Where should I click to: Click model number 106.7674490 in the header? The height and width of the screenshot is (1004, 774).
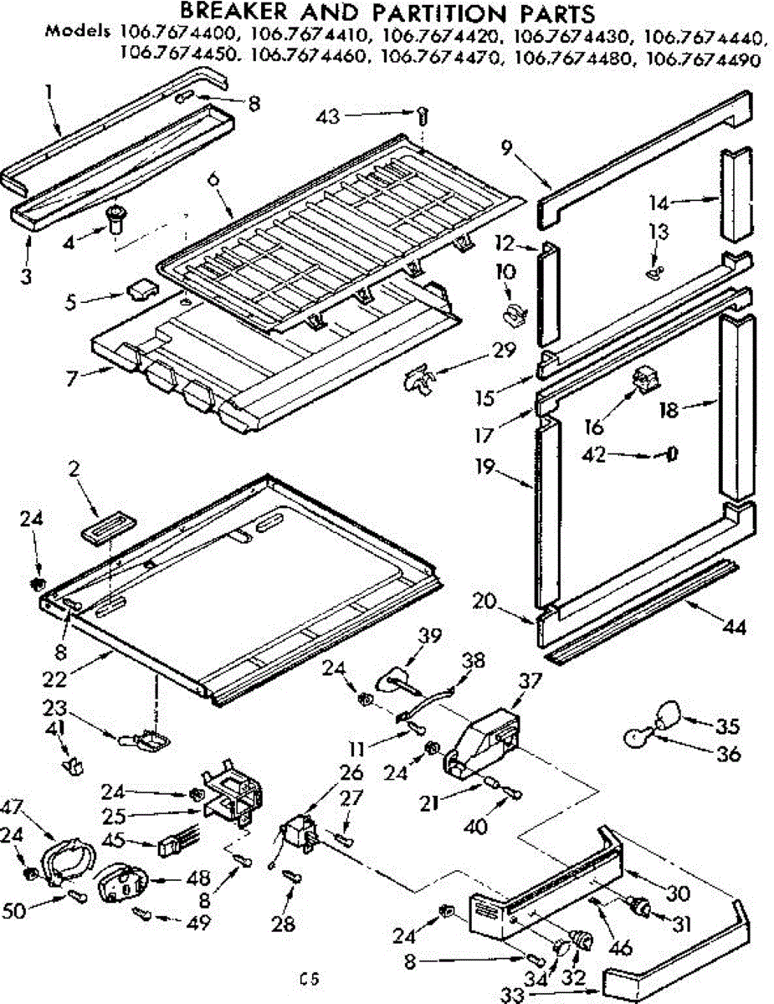703,59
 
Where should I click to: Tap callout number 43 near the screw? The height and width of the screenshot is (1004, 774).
328,116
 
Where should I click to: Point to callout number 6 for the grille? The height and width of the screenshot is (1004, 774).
213,179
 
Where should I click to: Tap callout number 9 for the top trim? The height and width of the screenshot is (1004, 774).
507,149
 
